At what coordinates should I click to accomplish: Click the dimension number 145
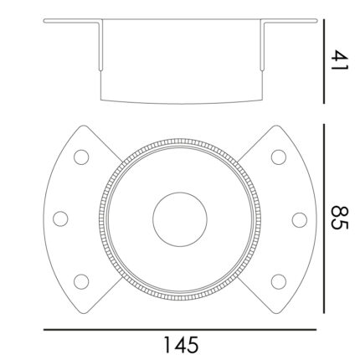click(x=181, y=345)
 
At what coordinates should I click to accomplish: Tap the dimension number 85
click(x=340, y=218)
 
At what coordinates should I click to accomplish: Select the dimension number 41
click(x=340, y=60)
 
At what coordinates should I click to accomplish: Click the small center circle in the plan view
click(x=180, y=219)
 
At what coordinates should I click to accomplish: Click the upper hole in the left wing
click(x=81, y=157)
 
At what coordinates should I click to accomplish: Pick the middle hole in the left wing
click(x=60, y=219)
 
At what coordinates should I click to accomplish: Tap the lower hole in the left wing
click(x=81, y=281)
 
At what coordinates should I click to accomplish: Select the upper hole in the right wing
click(x=279, y=157)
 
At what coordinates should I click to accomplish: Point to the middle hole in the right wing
click(x=300, y=220)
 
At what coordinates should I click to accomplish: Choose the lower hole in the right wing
click(x=279, y=281)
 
